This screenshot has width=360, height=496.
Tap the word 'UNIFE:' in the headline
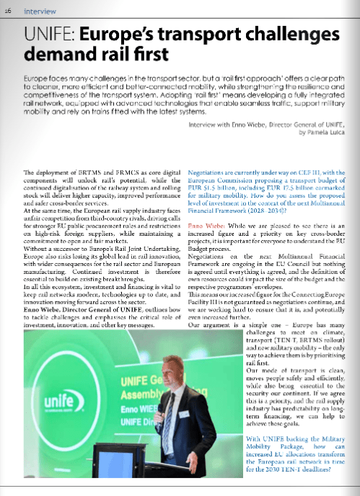(x=50, y=34)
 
